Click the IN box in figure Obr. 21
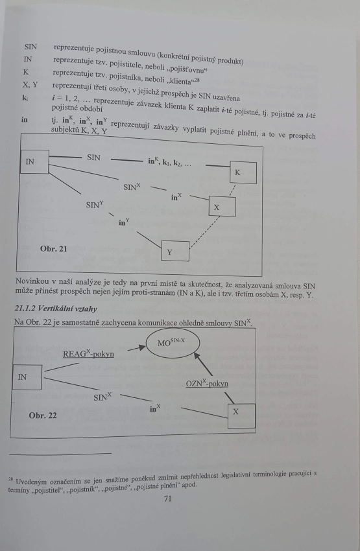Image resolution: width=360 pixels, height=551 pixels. click(34, 161)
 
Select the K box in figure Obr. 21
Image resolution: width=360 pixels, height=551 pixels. click(243, 172)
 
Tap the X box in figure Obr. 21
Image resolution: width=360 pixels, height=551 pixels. click(222, 206)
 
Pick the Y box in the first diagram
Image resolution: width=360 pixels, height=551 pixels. click(175, 252)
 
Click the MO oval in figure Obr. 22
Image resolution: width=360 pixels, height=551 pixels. click(173, 343)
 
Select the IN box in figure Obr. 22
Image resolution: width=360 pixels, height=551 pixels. click(27, 377)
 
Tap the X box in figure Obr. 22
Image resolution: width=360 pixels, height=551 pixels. click(241, 416)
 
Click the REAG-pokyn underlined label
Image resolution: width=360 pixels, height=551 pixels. click(88, 353)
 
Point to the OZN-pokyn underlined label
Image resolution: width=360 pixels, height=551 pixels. click(207, 383)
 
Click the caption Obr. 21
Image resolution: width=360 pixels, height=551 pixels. click(53, 249)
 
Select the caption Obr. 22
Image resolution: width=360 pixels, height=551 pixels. click(43, 416)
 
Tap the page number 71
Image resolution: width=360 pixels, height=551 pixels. click(168, 498)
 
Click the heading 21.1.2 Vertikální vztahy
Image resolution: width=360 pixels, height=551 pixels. click(56, 309)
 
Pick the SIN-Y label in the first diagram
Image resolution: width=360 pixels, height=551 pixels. click(95, 204)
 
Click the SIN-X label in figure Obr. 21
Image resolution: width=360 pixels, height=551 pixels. click(132, 187)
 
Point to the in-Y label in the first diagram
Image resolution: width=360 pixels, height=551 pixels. click(124, 222)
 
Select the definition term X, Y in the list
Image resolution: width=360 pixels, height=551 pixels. click(30, 85)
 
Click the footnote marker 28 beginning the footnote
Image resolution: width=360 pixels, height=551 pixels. click(11, 479)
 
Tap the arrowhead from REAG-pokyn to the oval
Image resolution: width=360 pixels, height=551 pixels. click(141, 347)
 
